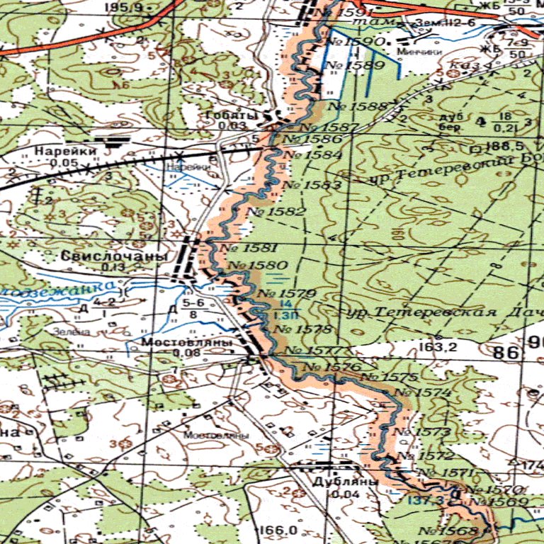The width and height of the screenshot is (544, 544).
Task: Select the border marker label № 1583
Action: (x=312, y=186)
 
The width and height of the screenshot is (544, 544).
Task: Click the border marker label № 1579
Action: (x=287, y=293)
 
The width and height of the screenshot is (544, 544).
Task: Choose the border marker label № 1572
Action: (x=425, y=456)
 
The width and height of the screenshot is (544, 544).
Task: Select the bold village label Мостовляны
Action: (x=187, y=342)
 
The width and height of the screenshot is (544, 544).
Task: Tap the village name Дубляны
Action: (x=337, y=482)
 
